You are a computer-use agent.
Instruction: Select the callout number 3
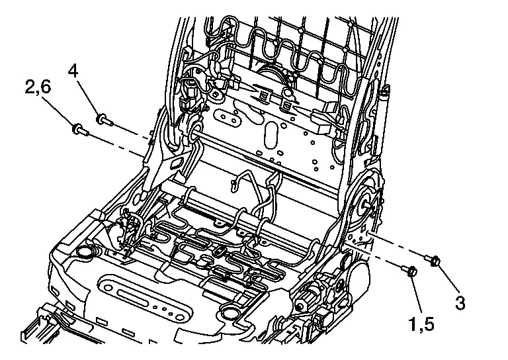[x=460, y=304]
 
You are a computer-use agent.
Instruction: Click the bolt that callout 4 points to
[x=103, y=120]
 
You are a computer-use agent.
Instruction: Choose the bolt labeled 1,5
[x=409, y=271]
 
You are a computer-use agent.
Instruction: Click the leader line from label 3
[x=447, y=281]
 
